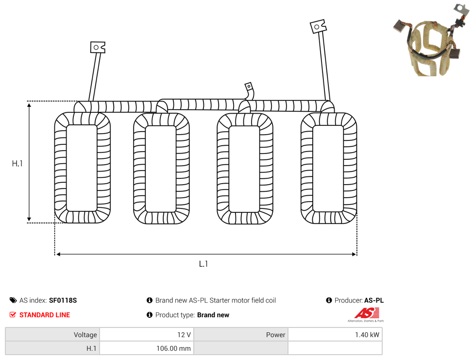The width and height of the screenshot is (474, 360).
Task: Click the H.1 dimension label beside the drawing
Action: click(x=17, y=164)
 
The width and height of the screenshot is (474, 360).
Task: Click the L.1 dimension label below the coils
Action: click(x=203, y=264)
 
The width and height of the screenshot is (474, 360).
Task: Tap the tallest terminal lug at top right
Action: click(x=318, y=27)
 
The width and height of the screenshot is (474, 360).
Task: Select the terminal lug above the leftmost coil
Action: click(x=98, y=48)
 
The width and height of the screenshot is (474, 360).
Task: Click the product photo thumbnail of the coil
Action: click(x=432, y=40)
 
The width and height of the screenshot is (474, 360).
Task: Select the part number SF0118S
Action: click(x=63, y=300)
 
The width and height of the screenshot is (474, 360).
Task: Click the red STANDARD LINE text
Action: click(x=45, y=315)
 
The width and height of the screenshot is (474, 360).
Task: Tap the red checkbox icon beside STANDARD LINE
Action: click(x=13, y=315)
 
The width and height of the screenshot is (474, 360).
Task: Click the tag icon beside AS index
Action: click(x=13, y=300)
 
